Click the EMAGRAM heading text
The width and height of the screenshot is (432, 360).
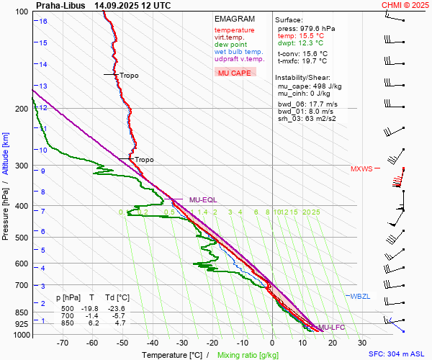click(x=235, y=19)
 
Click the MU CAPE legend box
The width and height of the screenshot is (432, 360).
click(x=234, y=72)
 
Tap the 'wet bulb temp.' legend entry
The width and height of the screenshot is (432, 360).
click(x=238, y=52)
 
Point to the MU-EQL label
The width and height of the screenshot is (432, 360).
click(x=203, y=199)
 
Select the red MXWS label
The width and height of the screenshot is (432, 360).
click(x=361, y=169)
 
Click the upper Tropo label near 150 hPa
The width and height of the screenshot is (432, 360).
click(x=129, y=76)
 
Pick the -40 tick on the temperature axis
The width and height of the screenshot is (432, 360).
click(x=153, y=343)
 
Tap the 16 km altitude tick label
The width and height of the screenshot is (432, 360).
click(x=43, y=22)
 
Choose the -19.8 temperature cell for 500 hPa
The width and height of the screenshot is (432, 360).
click(x=91, y=307)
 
